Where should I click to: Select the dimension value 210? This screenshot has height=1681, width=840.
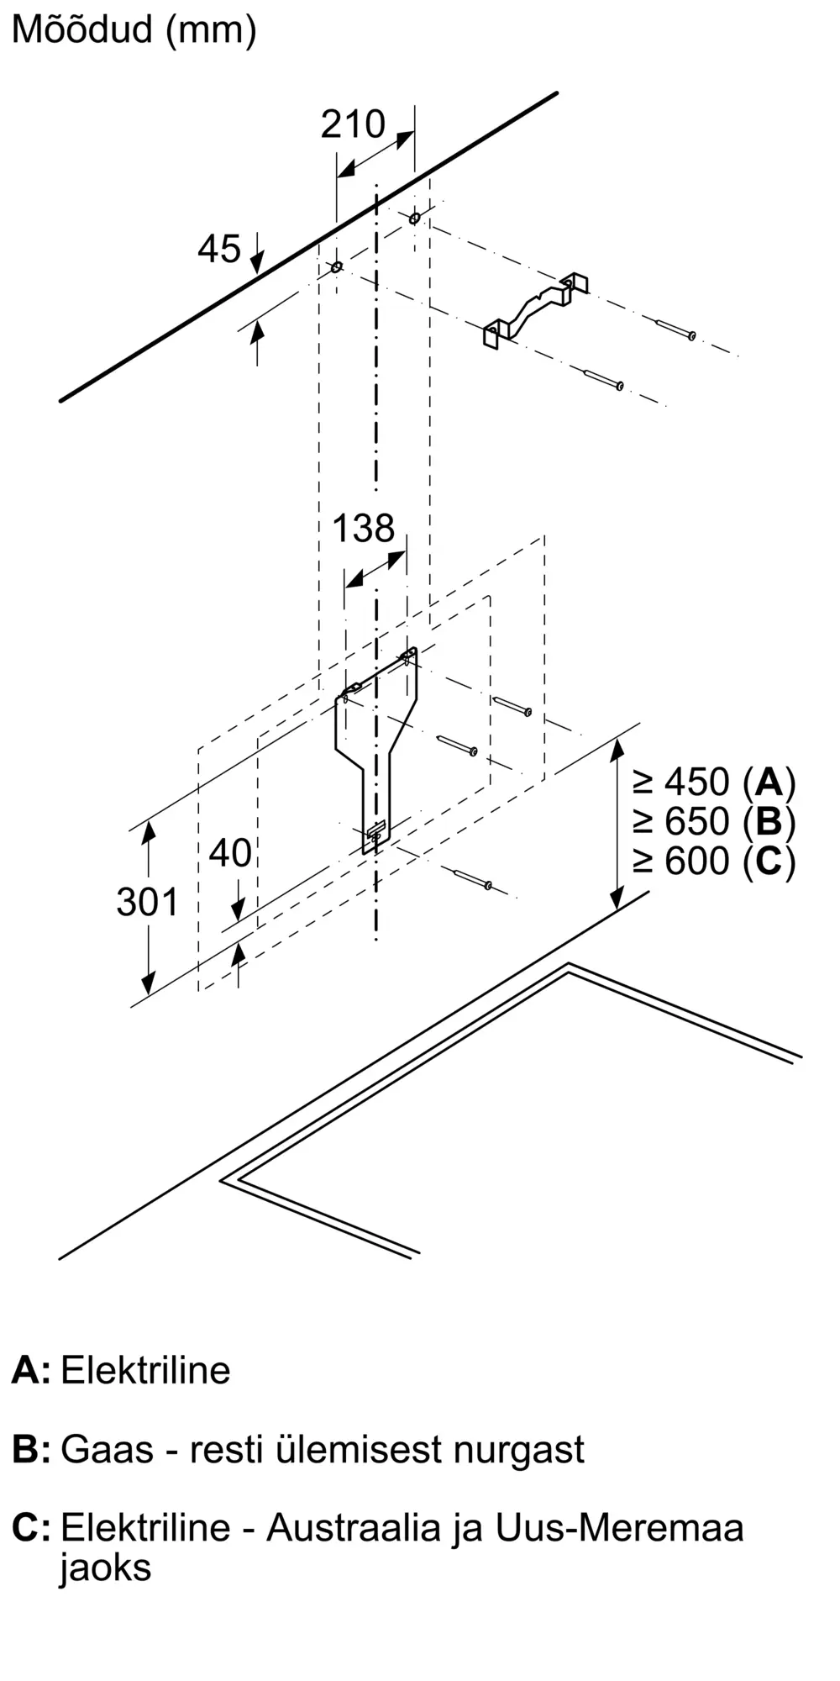point(353,124)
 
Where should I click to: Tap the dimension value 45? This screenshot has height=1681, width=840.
point(219,249)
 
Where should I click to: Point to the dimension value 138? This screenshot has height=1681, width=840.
point(363,529)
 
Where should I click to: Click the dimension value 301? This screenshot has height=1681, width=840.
point(148,903)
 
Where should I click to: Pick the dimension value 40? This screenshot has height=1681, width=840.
point(230,854)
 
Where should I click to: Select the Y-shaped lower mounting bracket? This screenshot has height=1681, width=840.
point(377,740)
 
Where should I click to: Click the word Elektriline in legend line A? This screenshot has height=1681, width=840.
point(145,1371)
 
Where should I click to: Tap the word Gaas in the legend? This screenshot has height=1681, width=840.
point(108,1450)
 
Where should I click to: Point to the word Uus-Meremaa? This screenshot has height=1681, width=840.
point(619,1527)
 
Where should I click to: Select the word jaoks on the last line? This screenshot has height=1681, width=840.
point(105,1568)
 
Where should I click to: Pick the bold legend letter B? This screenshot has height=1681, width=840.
point(31,1450)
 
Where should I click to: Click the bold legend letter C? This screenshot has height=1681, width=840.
point(31,1527)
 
